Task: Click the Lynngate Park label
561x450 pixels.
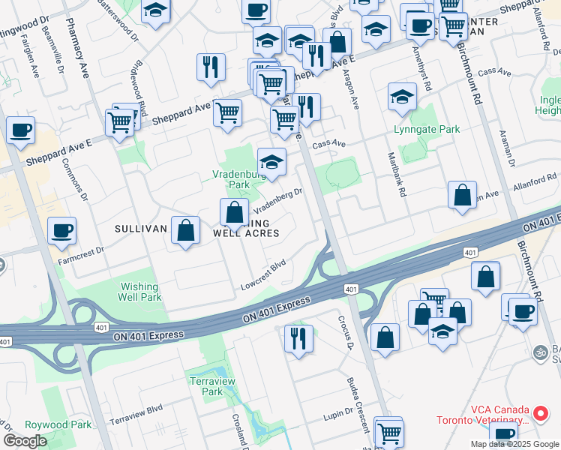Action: pos(427,129)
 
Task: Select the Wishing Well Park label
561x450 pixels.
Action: pos(139,292)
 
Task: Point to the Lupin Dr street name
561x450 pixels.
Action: pos(338,412)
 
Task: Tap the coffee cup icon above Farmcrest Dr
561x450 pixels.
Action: pos(61,230)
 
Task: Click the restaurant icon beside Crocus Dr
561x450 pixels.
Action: pos(298,338)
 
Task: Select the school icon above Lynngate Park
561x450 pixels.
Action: pos(403,97)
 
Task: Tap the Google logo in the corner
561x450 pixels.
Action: pos(25,441)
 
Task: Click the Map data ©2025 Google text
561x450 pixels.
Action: pos(514,444)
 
